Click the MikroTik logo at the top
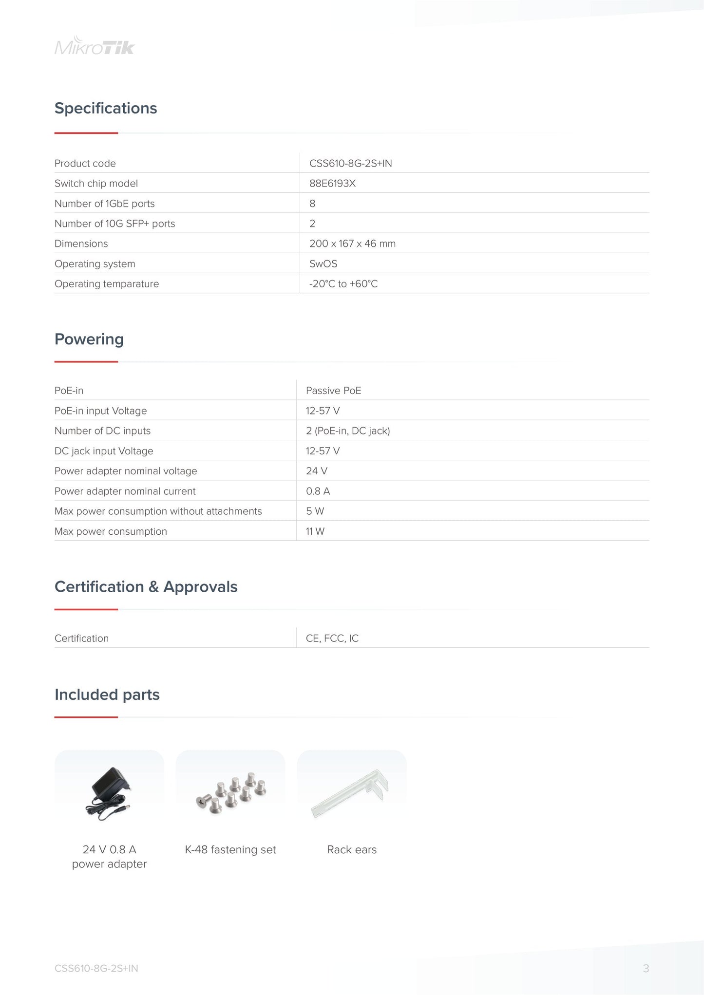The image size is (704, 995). click(x=95, y=46)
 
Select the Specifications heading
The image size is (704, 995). click(x=106, y=108)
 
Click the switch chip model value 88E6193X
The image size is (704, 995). click(x=332, y=184)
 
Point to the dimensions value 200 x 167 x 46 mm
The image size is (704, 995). click(x=352, y=244)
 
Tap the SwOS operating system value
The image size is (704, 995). click(x=323, y=264)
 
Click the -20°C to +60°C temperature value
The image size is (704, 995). click(x=343, y=284)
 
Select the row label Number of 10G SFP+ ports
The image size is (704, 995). click(x=114, y=224)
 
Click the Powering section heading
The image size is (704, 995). click(x=89, y=339)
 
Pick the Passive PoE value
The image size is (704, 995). click(x=333, y=391)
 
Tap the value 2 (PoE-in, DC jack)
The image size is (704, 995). click(x=348, y=431)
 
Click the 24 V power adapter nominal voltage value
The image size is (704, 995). click(x=316, y=471)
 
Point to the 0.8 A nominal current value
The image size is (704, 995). click(x=318, y=491)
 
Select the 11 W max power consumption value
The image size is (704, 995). click(x=315, y=531)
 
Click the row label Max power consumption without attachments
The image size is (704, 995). click(x=158, y=511)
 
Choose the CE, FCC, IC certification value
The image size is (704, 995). click(x=332, y=638)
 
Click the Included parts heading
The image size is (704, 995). click(x=107, y=695)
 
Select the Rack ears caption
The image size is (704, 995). click(x=352, y=850)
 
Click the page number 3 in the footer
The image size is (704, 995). click(x=646, y=969)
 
